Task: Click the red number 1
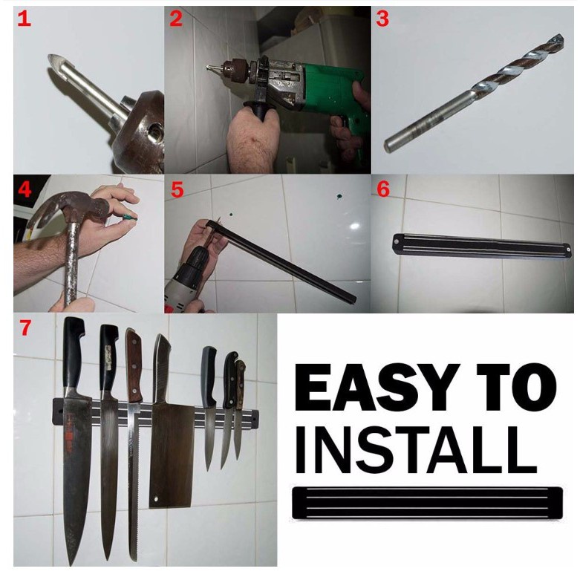click(24, 19)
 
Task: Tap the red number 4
click(25, 190)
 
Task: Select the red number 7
click(25, 328)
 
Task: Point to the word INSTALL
click(415, 451)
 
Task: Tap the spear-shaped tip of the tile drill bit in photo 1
click(57, 63)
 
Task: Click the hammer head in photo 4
click(71, 207)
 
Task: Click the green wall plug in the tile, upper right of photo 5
click(338, 196)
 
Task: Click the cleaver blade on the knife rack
click(172, 455)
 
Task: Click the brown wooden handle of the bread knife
click(134, 365)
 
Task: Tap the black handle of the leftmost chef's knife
click(74, 355)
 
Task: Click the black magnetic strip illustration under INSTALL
click(428, 503)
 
